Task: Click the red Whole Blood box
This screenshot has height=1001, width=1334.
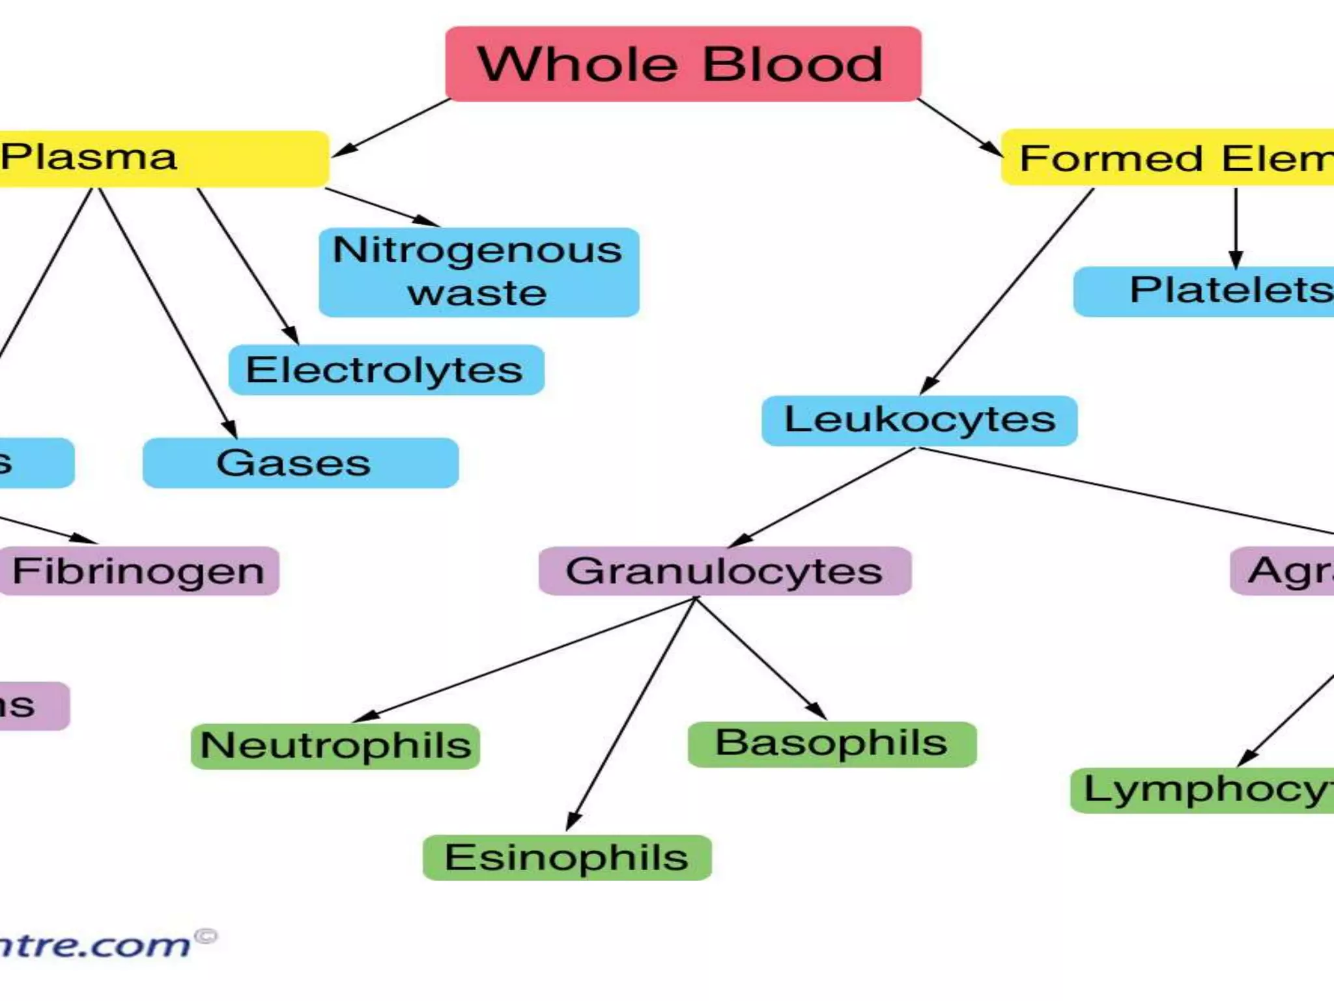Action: click(x=683, y=64)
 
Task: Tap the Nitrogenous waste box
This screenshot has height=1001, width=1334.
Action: click(x=479, y=272)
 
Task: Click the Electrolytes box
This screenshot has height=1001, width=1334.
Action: click(x=386, y=370)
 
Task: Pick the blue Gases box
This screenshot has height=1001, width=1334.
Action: click(x=300, y=463)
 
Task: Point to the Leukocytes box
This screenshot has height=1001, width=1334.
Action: click(x=919, y=420)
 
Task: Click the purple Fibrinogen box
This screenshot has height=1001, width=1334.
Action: click(x=139, y=571)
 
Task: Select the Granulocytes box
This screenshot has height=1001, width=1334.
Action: click(x=724, y=571)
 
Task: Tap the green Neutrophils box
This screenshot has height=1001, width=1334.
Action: click(x=335, y=746)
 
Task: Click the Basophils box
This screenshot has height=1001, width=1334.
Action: click(x=832, y=744)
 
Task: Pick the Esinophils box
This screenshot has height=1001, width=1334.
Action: click(x=567, y=858)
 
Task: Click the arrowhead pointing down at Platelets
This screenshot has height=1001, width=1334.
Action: click(x=1236, y=259)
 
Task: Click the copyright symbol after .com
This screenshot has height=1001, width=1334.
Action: click(x=206, y=936)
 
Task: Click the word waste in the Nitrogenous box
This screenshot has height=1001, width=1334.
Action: click(x=477, y=293)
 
